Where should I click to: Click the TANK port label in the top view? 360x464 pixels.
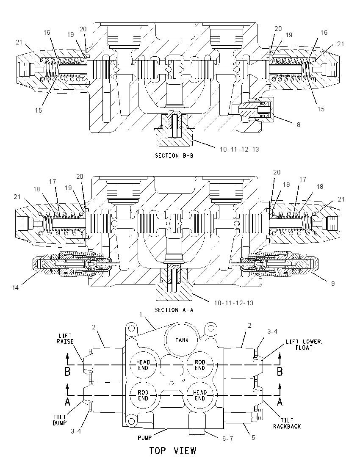tap(182, 340)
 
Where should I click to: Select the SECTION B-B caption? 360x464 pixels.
tap(174, 156)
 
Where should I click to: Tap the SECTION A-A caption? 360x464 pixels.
tap(174, 310)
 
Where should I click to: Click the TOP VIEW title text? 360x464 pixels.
tap(173, 451)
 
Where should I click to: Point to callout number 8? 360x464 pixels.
tap(299, 125)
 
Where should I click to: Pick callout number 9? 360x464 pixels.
tap(333, 284)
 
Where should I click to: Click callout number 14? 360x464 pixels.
tap(15, 287)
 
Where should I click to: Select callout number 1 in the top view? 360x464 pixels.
tap(141, 314)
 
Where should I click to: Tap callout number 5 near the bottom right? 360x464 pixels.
tap(253, 438)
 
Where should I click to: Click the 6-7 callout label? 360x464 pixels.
tap(228, 439)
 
